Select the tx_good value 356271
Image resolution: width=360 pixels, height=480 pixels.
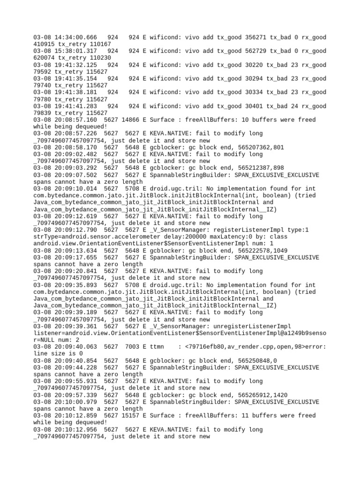coord(256,37)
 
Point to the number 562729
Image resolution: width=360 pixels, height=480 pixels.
coord(256,51)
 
